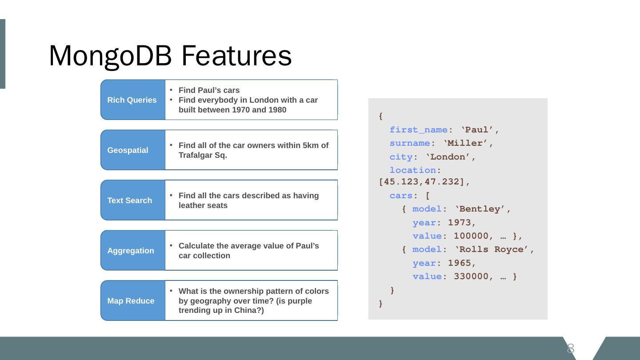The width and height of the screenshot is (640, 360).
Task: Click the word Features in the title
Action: pyautogui.click(x=236, y=56)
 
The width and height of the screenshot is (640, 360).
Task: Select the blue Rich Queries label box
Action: pyautogui.click(x=132, y=100)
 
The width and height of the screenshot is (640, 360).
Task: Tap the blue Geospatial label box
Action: pyautogui.click(x=132, y=150)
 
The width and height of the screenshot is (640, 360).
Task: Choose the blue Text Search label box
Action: pyautogui.click(x=132, y=200)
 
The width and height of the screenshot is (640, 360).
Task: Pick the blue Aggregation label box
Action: pyautogui.click(x=132, y=251)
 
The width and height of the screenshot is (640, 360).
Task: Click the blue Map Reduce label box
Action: pyautogui.click(x=132, y=301)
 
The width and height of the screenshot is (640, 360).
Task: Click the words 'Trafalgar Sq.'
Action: pyautogui.click(x=203, y=155)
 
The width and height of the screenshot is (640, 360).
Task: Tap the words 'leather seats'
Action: pyautogui.click(x=203, y=205)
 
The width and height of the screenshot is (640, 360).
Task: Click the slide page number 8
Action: pyautogui.click(x=571, y=348)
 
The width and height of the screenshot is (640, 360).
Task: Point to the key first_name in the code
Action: pyautogui.click(x=418, y=130)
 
